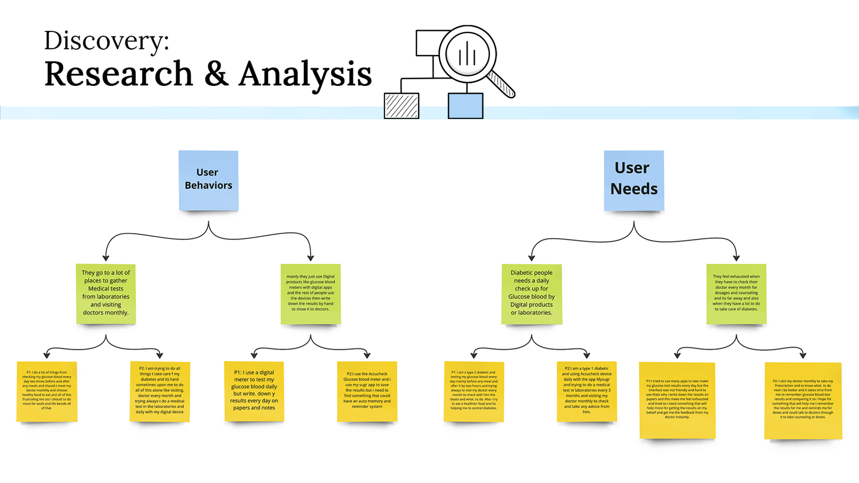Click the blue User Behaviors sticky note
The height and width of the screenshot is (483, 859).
pyautogui.click(x=208, y=180)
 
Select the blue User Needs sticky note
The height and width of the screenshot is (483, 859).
pyautogui.click(x=634, y=180)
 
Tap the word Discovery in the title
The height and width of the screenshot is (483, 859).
pyautogui.click(x=106, y=41)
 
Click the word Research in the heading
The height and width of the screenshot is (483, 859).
pyautogui.click(x=119, y=74)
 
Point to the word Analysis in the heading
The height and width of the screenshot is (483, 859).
pyautogui.click(x=305, y=74)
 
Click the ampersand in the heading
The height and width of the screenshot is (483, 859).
pyautogui.click(x=216, y=74)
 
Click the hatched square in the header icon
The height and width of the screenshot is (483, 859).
pyautogui.click(x=402, y=106)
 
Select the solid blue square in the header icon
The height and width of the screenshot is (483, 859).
pyautogui.click(x=465, y=106)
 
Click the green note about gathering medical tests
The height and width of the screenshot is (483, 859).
pyautogui.click(x=106, y=293)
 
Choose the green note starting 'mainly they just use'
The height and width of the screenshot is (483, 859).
pyautogui.click(x=310, y=293)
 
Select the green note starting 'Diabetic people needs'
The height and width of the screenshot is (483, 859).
pyautogui.click(x=532, y=293)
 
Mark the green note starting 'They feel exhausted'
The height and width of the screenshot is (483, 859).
pyautogui.click(x=736, y=293)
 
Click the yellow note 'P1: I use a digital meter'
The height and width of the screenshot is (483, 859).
pyautogui.click(x=254, y=391)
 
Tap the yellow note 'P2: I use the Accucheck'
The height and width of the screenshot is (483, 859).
pyautogui.click(x=367, y=391)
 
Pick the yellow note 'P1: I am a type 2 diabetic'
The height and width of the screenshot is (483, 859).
pyautogui.click(x=474, y=391)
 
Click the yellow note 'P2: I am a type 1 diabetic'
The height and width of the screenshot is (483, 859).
pyautogui.click(x=587, y=391)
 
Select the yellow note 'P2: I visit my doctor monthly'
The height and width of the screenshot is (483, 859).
pyautogui.click(x=803, y=400)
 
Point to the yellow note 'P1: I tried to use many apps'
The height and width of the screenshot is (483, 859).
pyautogui.click(x=677, y=400)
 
